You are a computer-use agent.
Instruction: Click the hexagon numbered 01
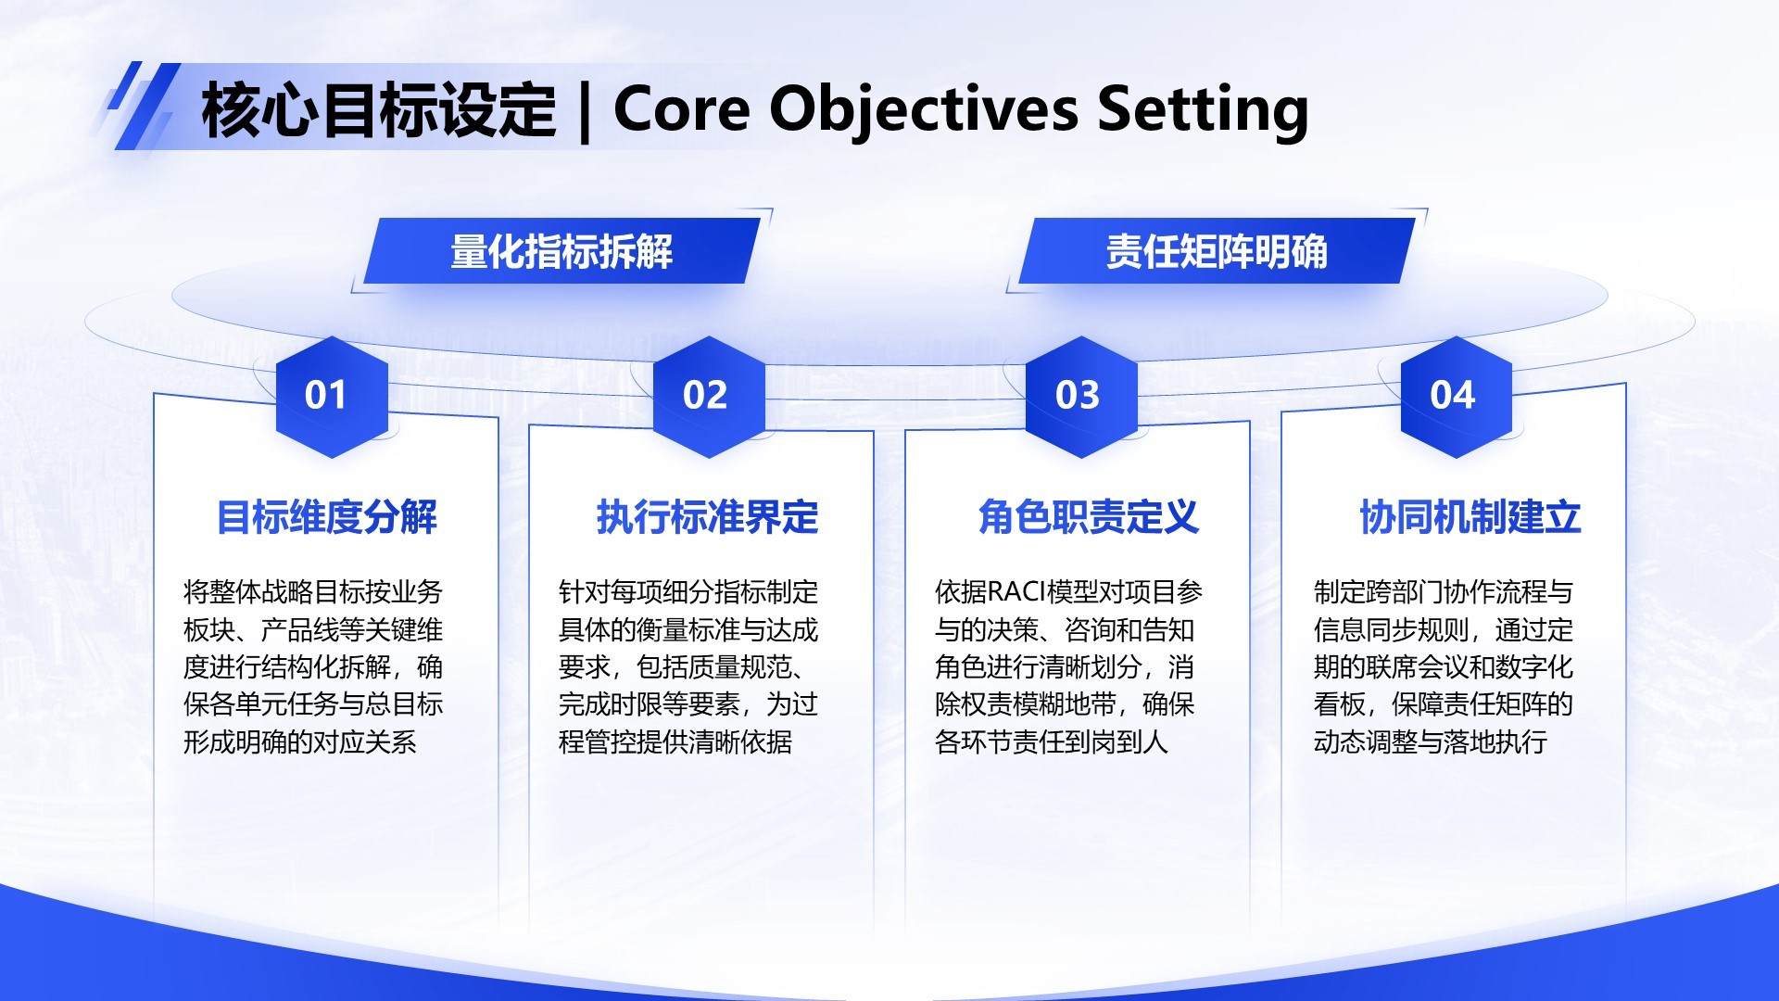point(332,397)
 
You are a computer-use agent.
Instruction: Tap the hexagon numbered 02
point(709,397)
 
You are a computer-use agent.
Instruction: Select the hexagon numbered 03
point(1080,397)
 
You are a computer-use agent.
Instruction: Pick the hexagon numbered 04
point(1456,397)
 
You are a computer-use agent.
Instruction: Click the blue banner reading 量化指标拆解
point(561,252)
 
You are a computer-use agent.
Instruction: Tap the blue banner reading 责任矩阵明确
point(1216,252)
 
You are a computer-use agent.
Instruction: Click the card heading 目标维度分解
point(326,517)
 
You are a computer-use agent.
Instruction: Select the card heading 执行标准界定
point(708,517)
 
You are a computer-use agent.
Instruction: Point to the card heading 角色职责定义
point(1089,517)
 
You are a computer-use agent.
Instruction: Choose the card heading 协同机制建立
point(1470,517)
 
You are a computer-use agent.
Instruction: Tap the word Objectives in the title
point(924,109)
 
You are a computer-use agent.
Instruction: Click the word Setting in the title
point(1203,109)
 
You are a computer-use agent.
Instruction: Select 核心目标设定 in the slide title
point(378,109)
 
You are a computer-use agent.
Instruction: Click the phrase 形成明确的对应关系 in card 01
point(299,742)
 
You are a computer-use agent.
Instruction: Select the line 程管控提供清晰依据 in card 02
point(675,742)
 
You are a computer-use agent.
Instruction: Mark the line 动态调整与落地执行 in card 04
point(1430,742)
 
